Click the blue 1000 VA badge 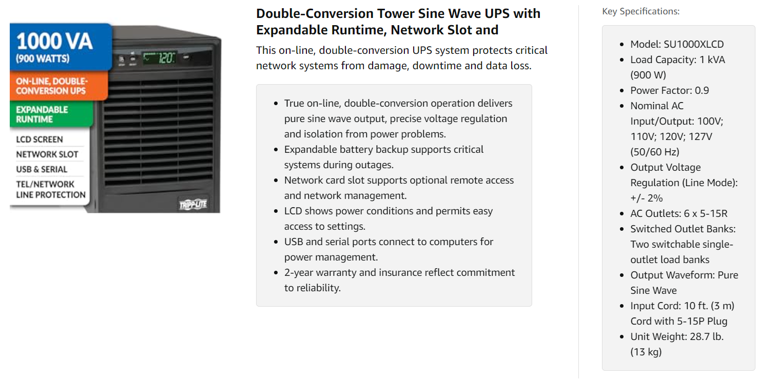[61, 46]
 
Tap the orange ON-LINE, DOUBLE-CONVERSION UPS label [51, 86]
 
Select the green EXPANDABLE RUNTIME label [42, 114]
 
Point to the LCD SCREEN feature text [40, 139]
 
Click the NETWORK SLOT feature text [47, 154]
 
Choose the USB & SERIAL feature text [42, 169]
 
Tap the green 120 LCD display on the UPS [160, 58]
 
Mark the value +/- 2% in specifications [648, 198]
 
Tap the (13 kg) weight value [646, 352]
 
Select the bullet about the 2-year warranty [399, 280]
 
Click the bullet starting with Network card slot [399, 188]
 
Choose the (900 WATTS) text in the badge [42, 58]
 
